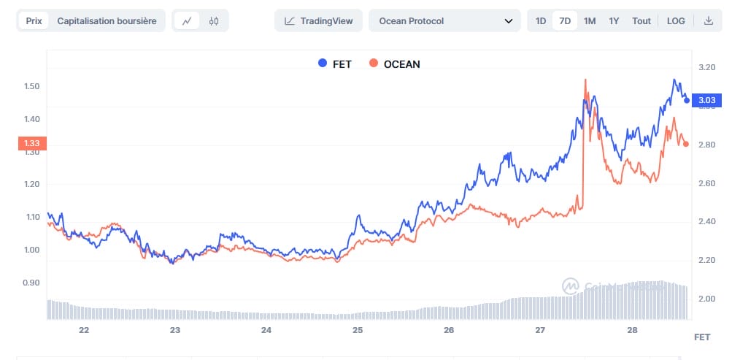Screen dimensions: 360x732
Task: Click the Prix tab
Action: pos(34,21)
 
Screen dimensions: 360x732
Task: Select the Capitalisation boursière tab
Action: pos(107,21)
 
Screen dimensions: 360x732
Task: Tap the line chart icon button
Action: pos(187,21)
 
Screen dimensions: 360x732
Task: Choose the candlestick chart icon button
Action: pos(213,21)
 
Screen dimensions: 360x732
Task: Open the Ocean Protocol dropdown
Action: pos(444,21)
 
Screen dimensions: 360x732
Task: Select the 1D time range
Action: pos(541,21)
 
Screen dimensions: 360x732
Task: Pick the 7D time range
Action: pos(565,21)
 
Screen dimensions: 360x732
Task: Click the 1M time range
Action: pos(590,21)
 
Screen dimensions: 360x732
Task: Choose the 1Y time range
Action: pos(614,21)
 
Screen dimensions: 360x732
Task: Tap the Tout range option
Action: pos(642,21)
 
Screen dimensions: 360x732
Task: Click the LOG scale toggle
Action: pos(676,21)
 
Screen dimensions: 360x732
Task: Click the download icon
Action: pos(708,21)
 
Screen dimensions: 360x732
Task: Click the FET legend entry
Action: pos(335,64)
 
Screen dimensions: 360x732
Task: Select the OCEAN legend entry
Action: pos(395,64)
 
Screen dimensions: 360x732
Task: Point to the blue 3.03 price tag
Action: pos(706,100)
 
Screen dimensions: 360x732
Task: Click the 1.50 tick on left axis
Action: pos(31,86)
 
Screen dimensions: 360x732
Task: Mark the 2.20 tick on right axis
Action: pos(706,260)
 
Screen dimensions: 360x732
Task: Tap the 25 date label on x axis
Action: pos(358,330)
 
